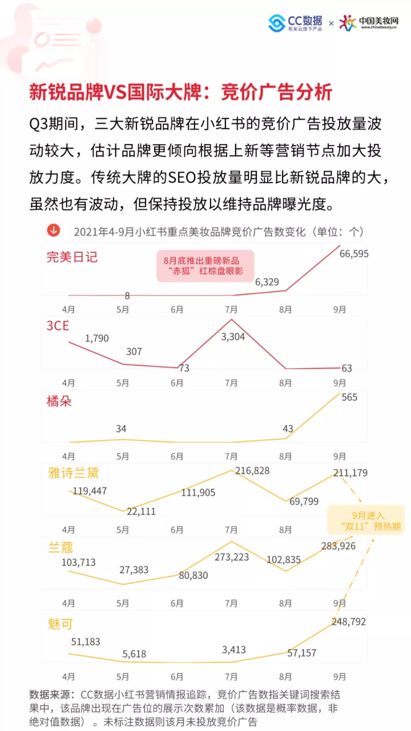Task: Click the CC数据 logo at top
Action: (x=295, y=23)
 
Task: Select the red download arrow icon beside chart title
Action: (x=53, y=230)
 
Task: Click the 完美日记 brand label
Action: (x=72, y=257)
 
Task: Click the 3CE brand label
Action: (x=59, y=326)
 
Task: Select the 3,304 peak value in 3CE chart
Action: (x=232, y=337)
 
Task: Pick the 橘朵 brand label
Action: (x=59, y=401)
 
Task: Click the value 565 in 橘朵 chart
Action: (x=349, y=397)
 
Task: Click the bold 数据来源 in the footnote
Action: (x=52, y=694)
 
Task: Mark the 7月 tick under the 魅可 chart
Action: (x=231, y=677)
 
